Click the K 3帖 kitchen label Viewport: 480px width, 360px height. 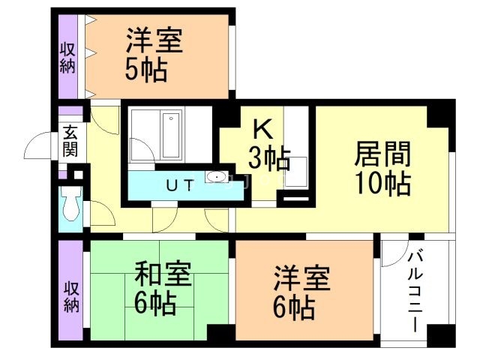(x=268, y=145)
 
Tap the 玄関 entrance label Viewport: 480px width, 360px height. (x=70, y=139)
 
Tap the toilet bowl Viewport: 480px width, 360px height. (x=70, y=205)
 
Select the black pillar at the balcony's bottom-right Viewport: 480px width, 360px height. (x=445, y=334)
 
